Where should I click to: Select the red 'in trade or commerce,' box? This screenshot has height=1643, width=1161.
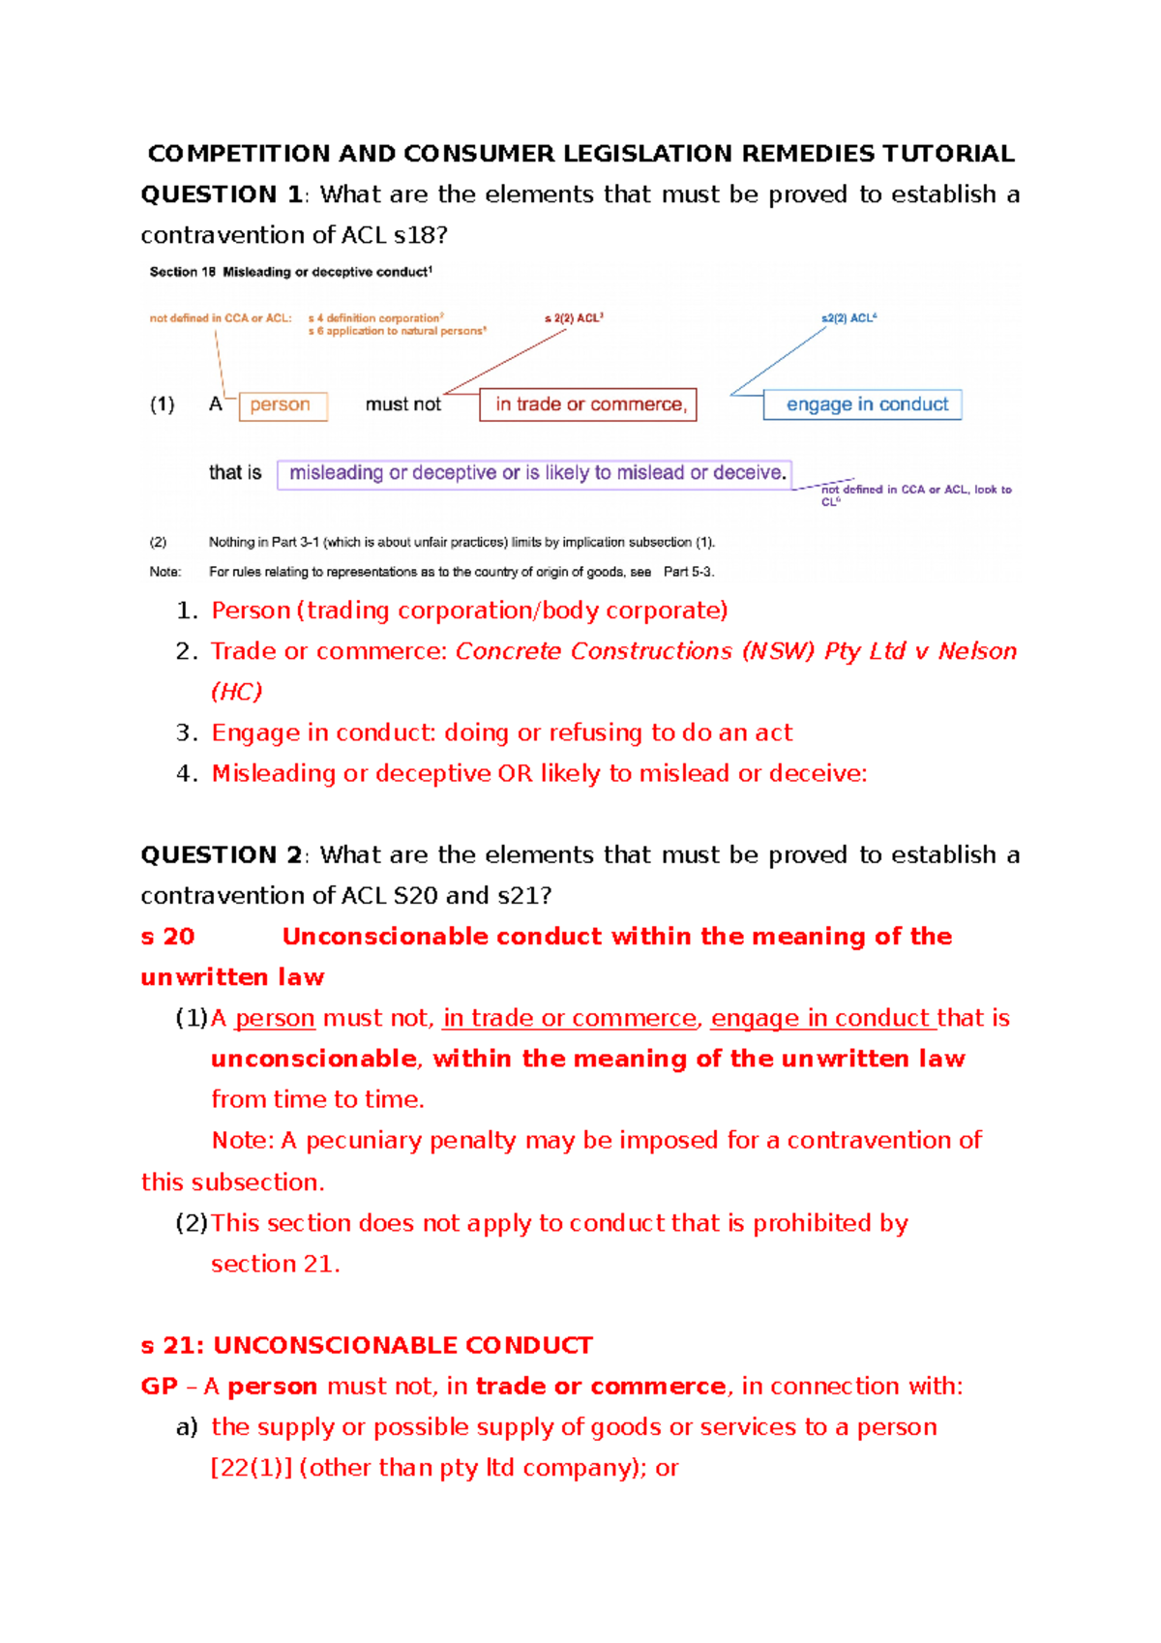588,404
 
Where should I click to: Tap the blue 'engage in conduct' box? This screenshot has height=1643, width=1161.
863,404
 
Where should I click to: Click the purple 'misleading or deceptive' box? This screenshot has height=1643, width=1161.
534,474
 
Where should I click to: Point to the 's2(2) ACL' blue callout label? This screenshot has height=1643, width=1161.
848,318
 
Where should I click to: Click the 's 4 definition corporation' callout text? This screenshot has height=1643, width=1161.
375,318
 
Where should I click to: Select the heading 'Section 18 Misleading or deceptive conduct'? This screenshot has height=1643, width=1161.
290,273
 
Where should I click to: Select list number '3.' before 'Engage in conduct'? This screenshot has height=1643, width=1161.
187,733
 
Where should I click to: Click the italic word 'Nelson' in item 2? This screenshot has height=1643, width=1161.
977,652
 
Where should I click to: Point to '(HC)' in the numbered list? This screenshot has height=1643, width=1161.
236,693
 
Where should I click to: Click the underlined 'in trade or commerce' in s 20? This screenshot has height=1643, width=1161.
570,1019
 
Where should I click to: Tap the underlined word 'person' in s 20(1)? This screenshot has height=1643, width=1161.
275,1019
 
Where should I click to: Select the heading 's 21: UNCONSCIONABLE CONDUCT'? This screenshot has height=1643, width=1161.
367,1346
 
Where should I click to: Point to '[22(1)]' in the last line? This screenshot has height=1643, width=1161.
252,1469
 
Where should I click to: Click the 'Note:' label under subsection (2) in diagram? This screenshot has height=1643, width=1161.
165,573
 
